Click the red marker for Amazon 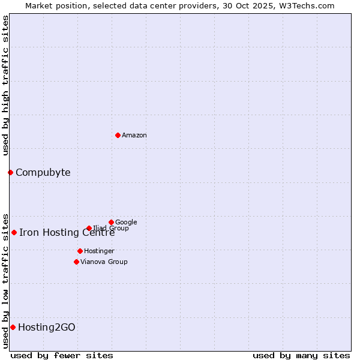pos(118,135)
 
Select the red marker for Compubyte pos(10,172)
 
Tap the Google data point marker pos(111,222)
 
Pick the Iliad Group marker pos(89,228)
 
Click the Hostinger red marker pos(80,251)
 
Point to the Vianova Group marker pos(76,262)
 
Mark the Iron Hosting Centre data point pos(14,232)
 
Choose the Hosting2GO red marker pos(13,327)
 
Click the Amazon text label pos(134,136)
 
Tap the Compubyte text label pos(43,173)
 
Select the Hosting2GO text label pos(47,328)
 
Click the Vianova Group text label pos(104,262)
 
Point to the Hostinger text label pos(99,251)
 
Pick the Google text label pos(126,223)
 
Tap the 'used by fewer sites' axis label pos(62,355)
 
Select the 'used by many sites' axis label pos(301,355)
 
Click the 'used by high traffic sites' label pos(5,85)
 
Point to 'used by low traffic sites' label pos(5,280)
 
